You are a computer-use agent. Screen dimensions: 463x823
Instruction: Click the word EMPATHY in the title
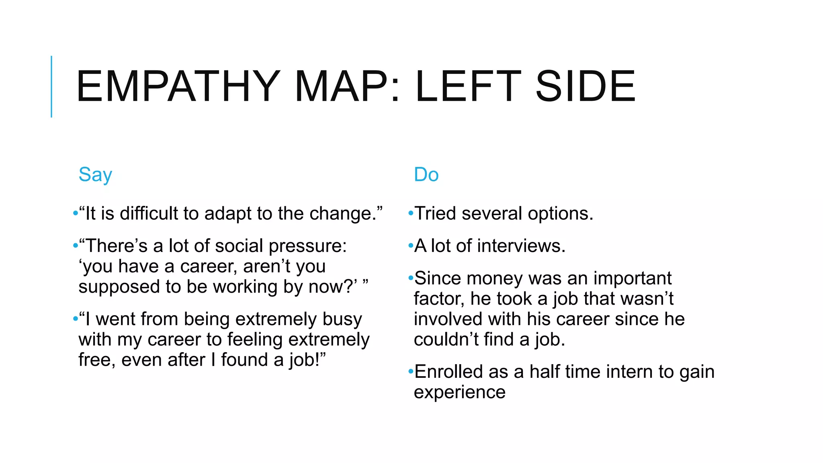tap(178, 86)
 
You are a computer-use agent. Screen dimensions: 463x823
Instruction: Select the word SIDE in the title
tap(586, 86)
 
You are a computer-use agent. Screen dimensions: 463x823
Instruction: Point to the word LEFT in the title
tap(468, 86)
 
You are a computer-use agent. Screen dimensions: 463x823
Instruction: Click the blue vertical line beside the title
tap(51, 86)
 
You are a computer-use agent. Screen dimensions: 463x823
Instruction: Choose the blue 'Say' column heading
tap(95, 175)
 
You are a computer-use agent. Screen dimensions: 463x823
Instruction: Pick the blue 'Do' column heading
tap(426, 175)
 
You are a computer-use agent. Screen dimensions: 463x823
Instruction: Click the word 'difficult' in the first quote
tap(149, 213)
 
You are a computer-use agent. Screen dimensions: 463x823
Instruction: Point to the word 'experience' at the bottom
tap(460, 392)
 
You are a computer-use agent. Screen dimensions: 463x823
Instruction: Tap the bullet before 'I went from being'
tap(75, 319)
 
